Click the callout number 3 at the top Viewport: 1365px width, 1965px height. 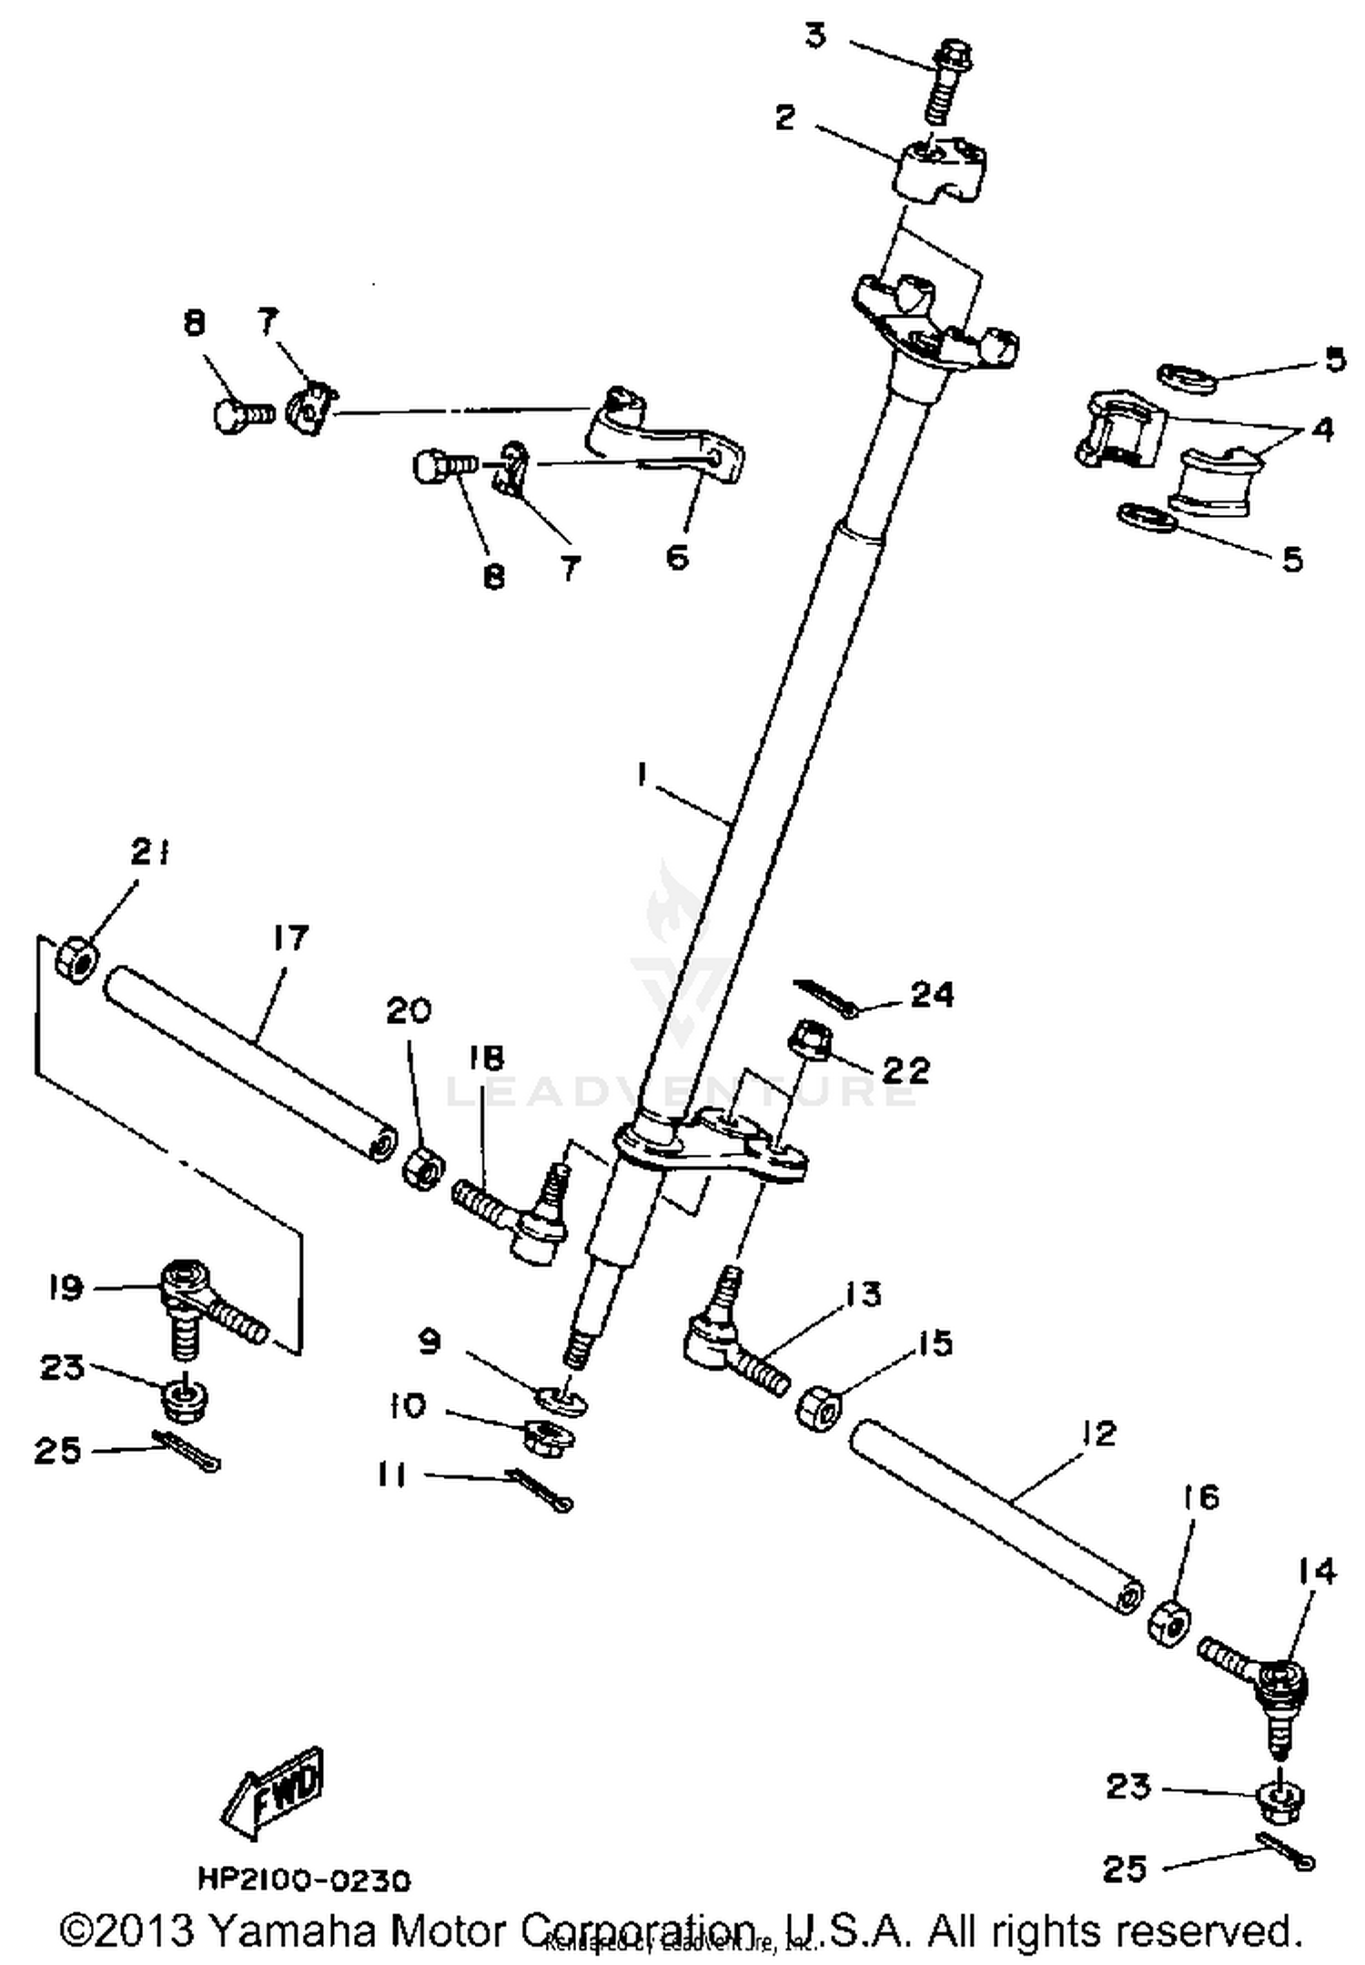815,37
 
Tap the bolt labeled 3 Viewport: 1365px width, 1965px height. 946,82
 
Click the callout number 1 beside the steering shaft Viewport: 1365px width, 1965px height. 642,774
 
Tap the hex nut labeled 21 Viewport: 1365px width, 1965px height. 76,959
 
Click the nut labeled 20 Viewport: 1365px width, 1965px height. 423,1169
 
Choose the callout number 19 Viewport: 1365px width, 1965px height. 66,1288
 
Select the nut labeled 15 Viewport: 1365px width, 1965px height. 819,1409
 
